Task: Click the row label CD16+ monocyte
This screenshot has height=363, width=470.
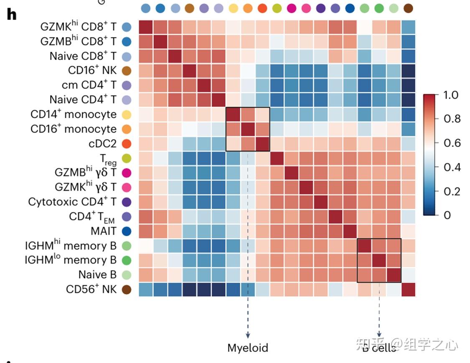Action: (74, 129)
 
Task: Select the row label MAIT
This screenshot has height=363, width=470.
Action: (104, 231)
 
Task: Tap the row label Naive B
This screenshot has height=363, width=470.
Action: (97, 275)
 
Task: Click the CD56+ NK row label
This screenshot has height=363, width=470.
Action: (91, 289)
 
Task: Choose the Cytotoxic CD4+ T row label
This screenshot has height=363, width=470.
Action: (72, 202)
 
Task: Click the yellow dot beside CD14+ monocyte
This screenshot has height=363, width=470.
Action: (127, 115)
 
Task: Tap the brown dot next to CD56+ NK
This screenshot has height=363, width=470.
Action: (127, 289)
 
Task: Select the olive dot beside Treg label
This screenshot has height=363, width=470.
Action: (127, 158)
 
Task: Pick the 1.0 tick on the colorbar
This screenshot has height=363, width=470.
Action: (451, 95)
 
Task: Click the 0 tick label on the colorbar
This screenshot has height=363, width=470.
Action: (447, 215)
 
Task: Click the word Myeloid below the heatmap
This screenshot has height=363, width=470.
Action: (248, 348)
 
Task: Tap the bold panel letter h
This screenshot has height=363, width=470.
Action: (12, 14)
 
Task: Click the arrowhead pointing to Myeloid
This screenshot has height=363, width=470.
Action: (248, 335)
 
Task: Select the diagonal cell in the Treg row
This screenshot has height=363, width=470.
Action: (277, 158)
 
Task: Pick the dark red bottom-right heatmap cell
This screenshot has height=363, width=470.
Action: (408, 289)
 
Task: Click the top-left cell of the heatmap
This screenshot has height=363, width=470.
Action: (145, 27)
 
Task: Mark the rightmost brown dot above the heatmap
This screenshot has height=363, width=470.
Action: (408, 8)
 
